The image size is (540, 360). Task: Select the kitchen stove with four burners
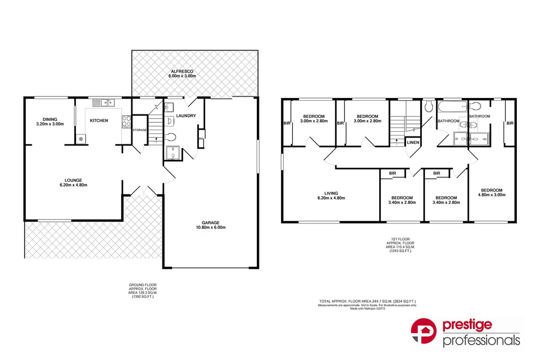click(x=127, y=122)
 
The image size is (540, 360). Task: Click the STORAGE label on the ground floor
click(x=139, y=130)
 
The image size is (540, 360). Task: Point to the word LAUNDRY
click(x=186, y=116)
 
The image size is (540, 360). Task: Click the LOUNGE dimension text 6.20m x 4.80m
click(x=73, y=185)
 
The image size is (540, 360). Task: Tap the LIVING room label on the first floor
click(x=331, y=193)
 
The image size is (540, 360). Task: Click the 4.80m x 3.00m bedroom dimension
click(x=491, y=195)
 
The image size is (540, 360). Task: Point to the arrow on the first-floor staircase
click(x=397, y=140)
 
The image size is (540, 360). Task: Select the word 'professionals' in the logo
click(x=481, y=340)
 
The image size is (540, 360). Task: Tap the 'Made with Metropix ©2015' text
click(x=367, y=308)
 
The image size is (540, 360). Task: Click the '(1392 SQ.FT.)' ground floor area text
click(x=142, y=297)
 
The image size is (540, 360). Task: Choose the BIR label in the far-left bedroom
click(x=287, y=123)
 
